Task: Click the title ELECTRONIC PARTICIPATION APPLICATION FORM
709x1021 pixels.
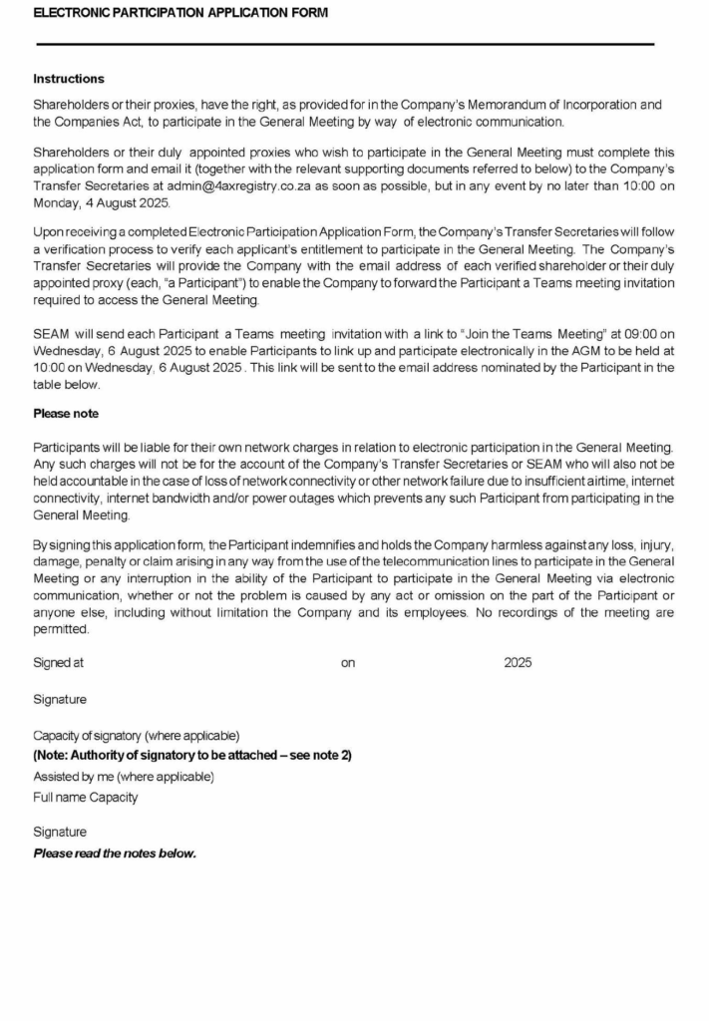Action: (180, 13)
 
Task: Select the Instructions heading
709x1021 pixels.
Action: (69, 79)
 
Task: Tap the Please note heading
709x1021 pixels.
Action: (66, 413)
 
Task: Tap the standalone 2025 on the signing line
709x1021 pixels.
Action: (518, 662)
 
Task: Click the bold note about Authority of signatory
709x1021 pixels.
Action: (192, 755)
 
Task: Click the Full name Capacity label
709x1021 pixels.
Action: (86, 797)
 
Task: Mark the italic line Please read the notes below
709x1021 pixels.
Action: (115, 853)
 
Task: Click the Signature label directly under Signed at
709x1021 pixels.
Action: (60, 699)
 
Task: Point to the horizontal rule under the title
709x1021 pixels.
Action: (344, 45)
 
